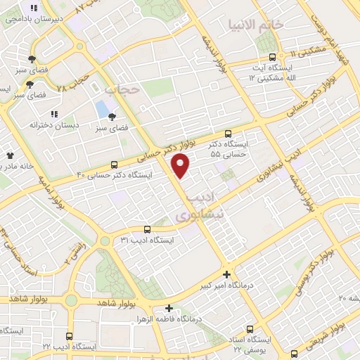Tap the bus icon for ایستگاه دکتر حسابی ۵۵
coord(227,134)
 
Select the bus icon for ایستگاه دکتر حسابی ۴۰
coord(115,163)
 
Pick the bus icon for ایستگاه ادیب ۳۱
coord(147,229)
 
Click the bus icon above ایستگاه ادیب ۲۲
coord(69,336)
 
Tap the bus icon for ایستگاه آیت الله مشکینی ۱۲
coord(271,57)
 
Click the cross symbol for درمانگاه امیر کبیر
coord(226,274)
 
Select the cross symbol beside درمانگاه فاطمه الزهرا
coord(168,308)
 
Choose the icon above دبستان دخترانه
coord(53,113)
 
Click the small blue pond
coord(103,110)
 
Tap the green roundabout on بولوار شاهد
coord(72,300)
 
